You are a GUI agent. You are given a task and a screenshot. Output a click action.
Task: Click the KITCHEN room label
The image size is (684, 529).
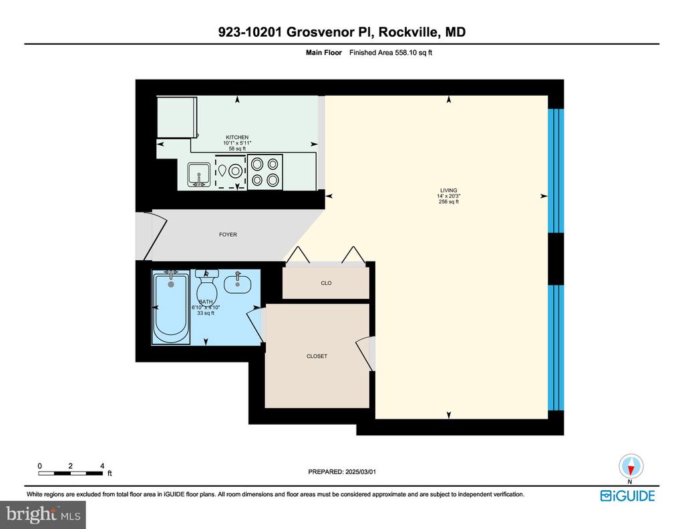(236, 137)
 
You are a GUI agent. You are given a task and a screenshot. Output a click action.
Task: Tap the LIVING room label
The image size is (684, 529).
(448, 190)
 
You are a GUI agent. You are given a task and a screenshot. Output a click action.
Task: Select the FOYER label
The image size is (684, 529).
(228, 235)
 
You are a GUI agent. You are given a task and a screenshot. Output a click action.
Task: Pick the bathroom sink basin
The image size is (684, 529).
(238, 284)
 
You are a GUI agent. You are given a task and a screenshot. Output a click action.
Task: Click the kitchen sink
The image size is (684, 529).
(199, 175)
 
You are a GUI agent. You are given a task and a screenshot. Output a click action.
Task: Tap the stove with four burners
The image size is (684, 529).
(265, 172)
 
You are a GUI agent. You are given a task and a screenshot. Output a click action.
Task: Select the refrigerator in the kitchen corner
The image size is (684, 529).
(176, 117)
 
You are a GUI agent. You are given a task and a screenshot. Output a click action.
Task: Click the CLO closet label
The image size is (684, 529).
(326, 283)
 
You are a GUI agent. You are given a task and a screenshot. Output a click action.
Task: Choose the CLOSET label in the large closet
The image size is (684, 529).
(317, 356)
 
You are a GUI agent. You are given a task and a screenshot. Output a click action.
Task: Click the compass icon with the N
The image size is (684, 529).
(630, 465)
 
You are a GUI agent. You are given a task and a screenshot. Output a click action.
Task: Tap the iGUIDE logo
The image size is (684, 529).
(627, 496)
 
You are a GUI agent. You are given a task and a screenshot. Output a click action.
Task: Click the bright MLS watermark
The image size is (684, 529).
(43, 514)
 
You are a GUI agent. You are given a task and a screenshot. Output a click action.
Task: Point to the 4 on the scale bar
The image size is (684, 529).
(102, 465)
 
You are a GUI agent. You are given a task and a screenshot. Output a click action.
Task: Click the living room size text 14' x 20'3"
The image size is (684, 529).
(448, 196)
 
